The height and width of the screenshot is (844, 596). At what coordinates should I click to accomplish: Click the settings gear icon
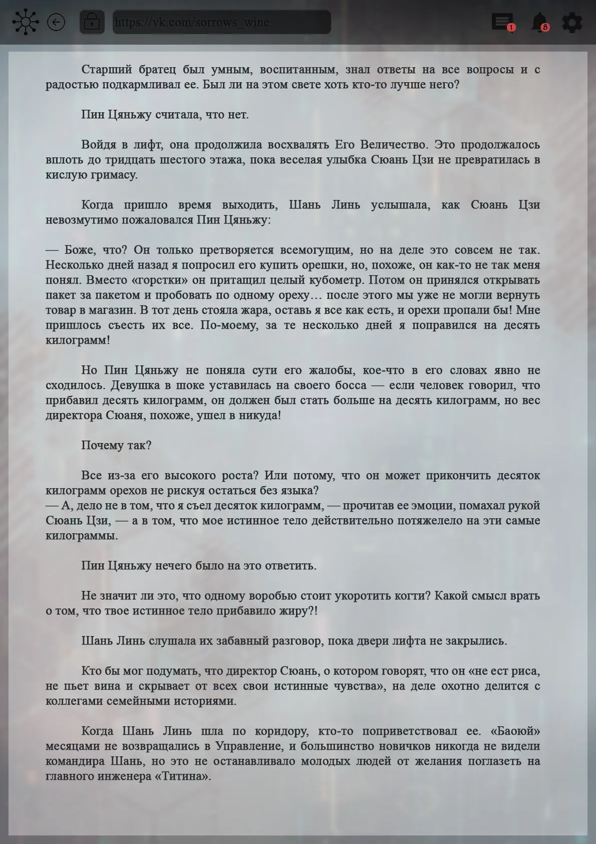(x=572, y=23)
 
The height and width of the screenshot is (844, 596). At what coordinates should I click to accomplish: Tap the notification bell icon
(x=539, y=22)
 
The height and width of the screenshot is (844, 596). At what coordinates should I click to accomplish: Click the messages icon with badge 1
(x=502, y=22)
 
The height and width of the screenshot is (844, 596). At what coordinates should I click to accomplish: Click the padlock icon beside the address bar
(x=92, y=22)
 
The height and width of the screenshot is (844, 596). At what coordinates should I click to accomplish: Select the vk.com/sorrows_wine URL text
(x=192, y=22)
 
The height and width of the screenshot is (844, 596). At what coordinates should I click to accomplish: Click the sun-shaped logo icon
(x=25, y=22)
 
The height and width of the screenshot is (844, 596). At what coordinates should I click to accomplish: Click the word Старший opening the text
(x=107, y=70)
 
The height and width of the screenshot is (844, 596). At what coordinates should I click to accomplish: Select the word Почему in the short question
(x=100, y=446)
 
